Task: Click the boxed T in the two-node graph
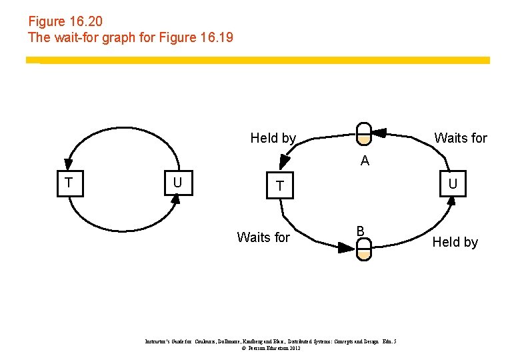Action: pos(69,183)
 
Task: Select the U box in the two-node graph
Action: pos(177,183)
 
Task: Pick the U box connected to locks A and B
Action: pos(452,183)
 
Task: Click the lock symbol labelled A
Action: pos(363,133)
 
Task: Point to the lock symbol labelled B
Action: pos(363,249)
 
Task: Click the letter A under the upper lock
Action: pos(365,161)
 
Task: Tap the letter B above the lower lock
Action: pos(360,231)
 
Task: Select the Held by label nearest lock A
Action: pos(273,138)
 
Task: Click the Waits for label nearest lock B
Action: pos(263,237)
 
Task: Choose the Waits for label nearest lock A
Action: pos(461,138)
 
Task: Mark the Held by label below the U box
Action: pos(455,242)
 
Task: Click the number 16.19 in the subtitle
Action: pos(216,37)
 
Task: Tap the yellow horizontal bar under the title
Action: pos(257,60)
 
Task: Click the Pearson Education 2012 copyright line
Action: pos(271,348)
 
